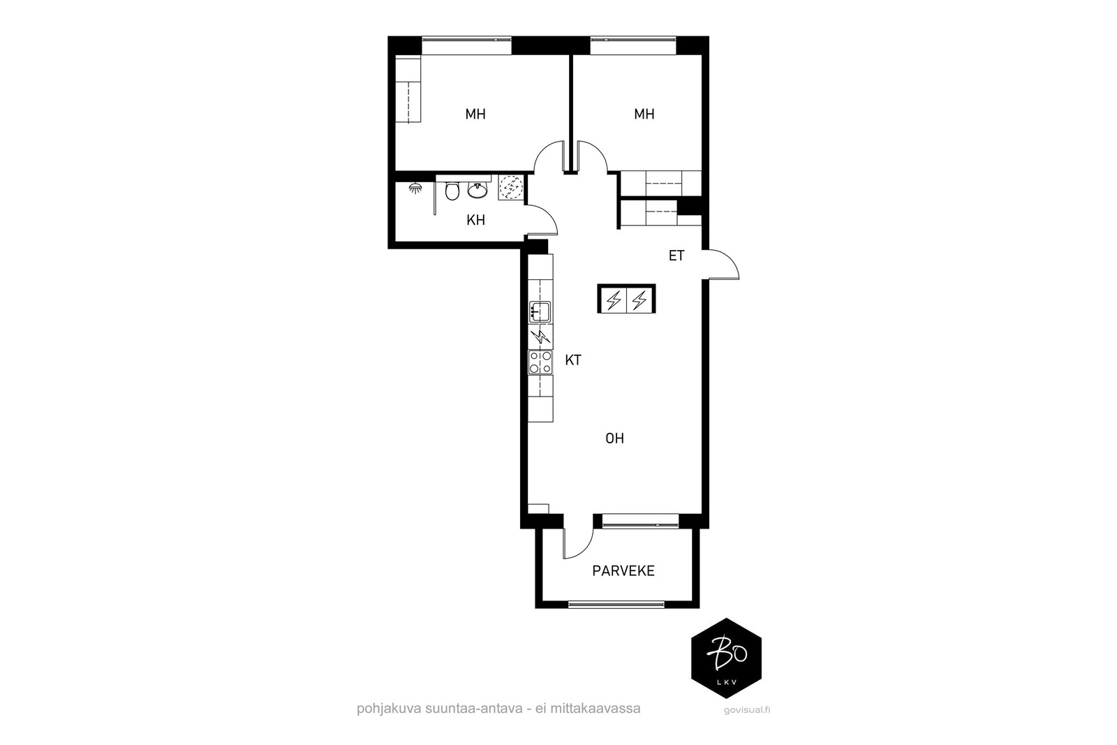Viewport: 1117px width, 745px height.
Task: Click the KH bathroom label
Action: tap(475, 220)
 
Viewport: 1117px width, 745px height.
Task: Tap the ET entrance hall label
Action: tap(676, 256)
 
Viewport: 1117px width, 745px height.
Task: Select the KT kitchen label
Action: tap(573, 360)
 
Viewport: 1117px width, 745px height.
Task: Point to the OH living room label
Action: tap(614, 438)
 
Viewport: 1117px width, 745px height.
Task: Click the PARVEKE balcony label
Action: tap(623, 571)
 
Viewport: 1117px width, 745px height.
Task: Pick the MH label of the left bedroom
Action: tap(475, 115)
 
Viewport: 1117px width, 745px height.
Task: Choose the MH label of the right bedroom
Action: tap(644, 115)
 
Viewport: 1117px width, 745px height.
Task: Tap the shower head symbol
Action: tap(415, 189)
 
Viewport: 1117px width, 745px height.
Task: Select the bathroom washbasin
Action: tap(478, 191)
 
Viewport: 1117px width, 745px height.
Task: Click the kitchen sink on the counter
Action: tap(540, 311)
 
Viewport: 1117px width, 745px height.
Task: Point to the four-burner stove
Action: tap(540, 362)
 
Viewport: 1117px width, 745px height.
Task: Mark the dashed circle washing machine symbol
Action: tap(510, 188)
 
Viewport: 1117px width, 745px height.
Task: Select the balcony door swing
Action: tap(579, 543)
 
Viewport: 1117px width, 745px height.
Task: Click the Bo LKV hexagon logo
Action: tap(726, 658)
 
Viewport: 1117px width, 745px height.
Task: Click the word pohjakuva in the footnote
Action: tap(389, 709)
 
